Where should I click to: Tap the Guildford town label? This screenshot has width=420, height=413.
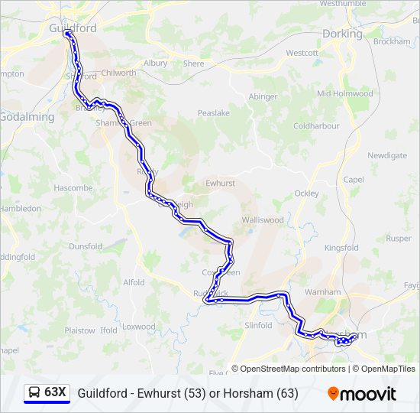[72, 28]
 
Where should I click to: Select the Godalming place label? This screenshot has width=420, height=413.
[27, 117]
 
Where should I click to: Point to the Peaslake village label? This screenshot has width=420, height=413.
[214, 112]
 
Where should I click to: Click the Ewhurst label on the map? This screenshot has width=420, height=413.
[221, 184]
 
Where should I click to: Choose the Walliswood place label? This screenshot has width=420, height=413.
[263, 220]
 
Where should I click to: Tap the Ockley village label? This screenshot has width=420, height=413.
[306, 193]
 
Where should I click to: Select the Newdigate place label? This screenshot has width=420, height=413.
[387, 155]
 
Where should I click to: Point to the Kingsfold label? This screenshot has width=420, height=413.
[341, 248]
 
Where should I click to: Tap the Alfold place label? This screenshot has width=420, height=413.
[134, 282]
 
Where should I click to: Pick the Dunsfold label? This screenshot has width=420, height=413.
[86, 246]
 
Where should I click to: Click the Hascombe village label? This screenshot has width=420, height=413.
[73, 187]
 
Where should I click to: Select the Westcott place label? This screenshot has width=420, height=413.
[302, 53]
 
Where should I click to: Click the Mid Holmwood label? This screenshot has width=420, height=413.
[344, 94]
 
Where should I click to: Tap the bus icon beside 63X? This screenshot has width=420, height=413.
[34, 393]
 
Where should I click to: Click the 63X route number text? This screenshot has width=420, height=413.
[55, 393]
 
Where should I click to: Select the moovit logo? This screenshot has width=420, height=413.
[362, 394]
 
